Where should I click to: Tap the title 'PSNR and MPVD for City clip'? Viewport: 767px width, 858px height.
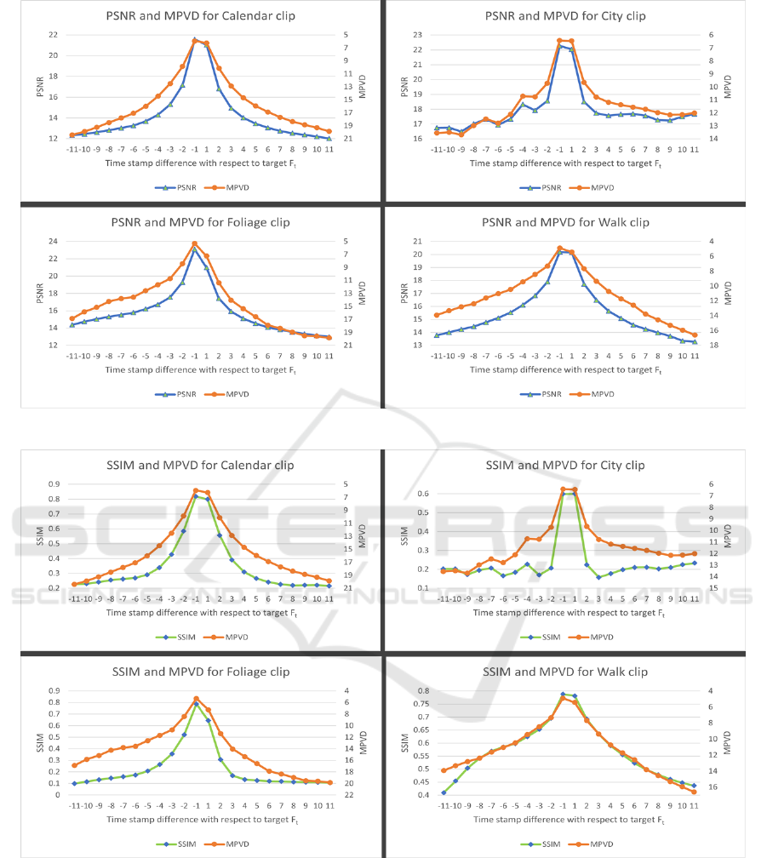point(565,15)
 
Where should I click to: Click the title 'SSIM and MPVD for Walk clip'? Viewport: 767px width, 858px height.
point(565,672)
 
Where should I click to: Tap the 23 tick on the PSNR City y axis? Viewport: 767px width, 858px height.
point(416,34)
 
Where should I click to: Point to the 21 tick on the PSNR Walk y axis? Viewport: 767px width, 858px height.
point(416,242)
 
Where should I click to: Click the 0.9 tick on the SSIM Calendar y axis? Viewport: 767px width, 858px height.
point(52,484)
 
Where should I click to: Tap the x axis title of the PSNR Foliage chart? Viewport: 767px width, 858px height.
point(201,370)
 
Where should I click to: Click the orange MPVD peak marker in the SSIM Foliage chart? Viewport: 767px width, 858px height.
point(196,699)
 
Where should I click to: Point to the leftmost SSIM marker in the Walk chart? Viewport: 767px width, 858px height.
point(444,792)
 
